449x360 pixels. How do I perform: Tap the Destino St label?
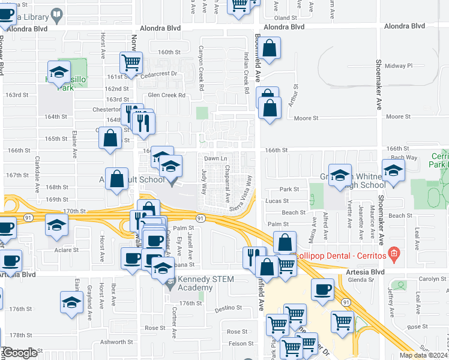(228, 309)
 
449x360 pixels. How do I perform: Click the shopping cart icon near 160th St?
(130, 61)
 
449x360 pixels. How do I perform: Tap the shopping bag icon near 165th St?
(110, 137)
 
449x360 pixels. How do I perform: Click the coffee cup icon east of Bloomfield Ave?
(323, 289)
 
